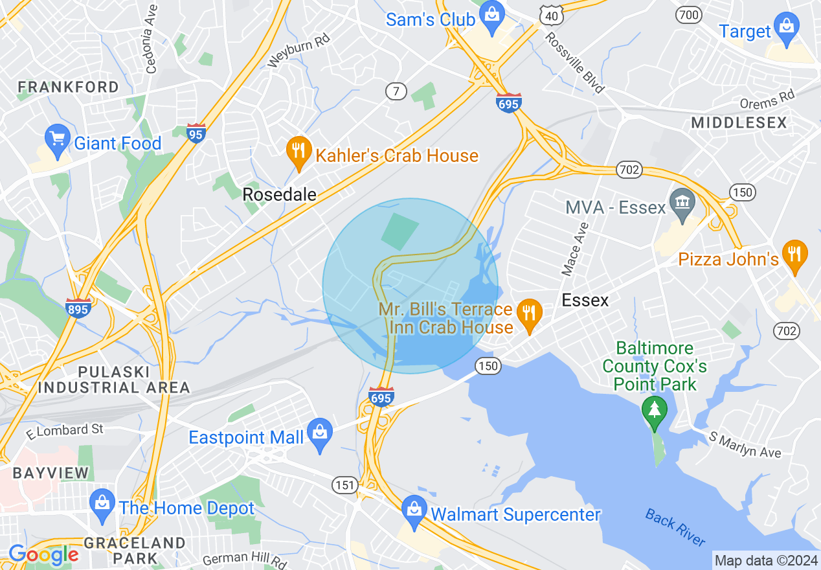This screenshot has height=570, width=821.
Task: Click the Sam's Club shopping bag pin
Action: coord(493,18)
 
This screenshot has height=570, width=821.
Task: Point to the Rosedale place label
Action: coord(280,194)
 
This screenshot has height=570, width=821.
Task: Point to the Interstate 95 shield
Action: coord(196,133)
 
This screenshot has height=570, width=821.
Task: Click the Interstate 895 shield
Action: coord(77,308)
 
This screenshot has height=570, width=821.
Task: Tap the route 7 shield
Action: coord(396,91)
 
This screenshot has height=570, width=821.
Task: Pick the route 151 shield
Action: coord(344,484)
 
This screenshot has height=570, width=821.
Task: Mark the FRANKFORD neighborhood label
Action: coord(69,87)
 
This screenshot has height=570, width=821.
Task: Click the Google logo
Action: coord(43,554)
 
